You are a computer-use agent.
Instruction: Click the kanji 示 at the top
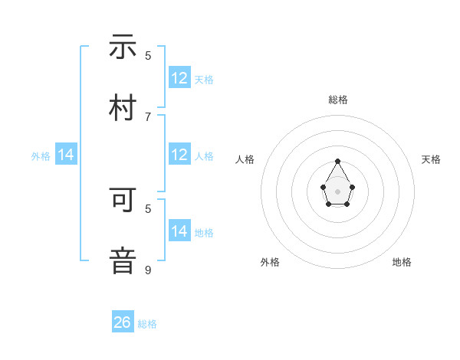(x=123, y=47)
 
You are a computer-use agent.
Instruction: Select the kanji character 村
(x=123, y=107)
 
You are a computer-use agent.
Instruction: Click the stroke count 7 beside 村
(x=148, y=116)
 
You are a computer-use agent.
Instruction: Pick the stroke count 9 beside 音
(x=148, y=270)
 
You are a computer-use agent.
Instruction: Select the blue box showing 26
(x=123, y=322)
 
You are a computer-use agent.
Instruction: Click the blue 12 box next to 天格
(x=179, y=78)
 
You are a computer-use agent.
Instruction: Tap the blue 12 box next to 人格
(x=179, y=155)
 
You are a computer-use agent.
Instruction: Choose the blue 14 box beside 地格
(x=179, y=231)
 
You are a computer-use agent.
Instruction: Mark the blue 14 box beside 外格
(x=67, y=155)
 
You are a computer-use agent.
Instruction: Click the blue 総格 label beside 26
(x=147, y=324)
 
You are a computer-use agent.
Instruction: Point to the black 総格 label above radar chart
(x=337, y=100)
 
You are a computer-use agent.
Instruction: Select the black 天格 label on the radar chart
(x=431, y=159)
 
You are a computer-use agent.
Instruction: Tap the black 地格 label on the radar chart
(x=402, y=262)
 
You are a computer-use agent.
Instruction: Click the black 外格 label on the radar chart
(x=270, y=262)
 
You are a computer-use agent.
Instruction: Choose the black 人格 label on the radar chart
(x=245, y=159)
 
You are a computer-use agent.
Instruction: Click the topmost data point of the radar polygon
(x=337, y=162)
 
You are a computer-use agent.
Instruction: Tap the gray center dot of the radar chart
(x=337, y=190)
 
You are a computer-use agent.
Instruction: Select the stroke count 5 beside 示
(x=148, y=55)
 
